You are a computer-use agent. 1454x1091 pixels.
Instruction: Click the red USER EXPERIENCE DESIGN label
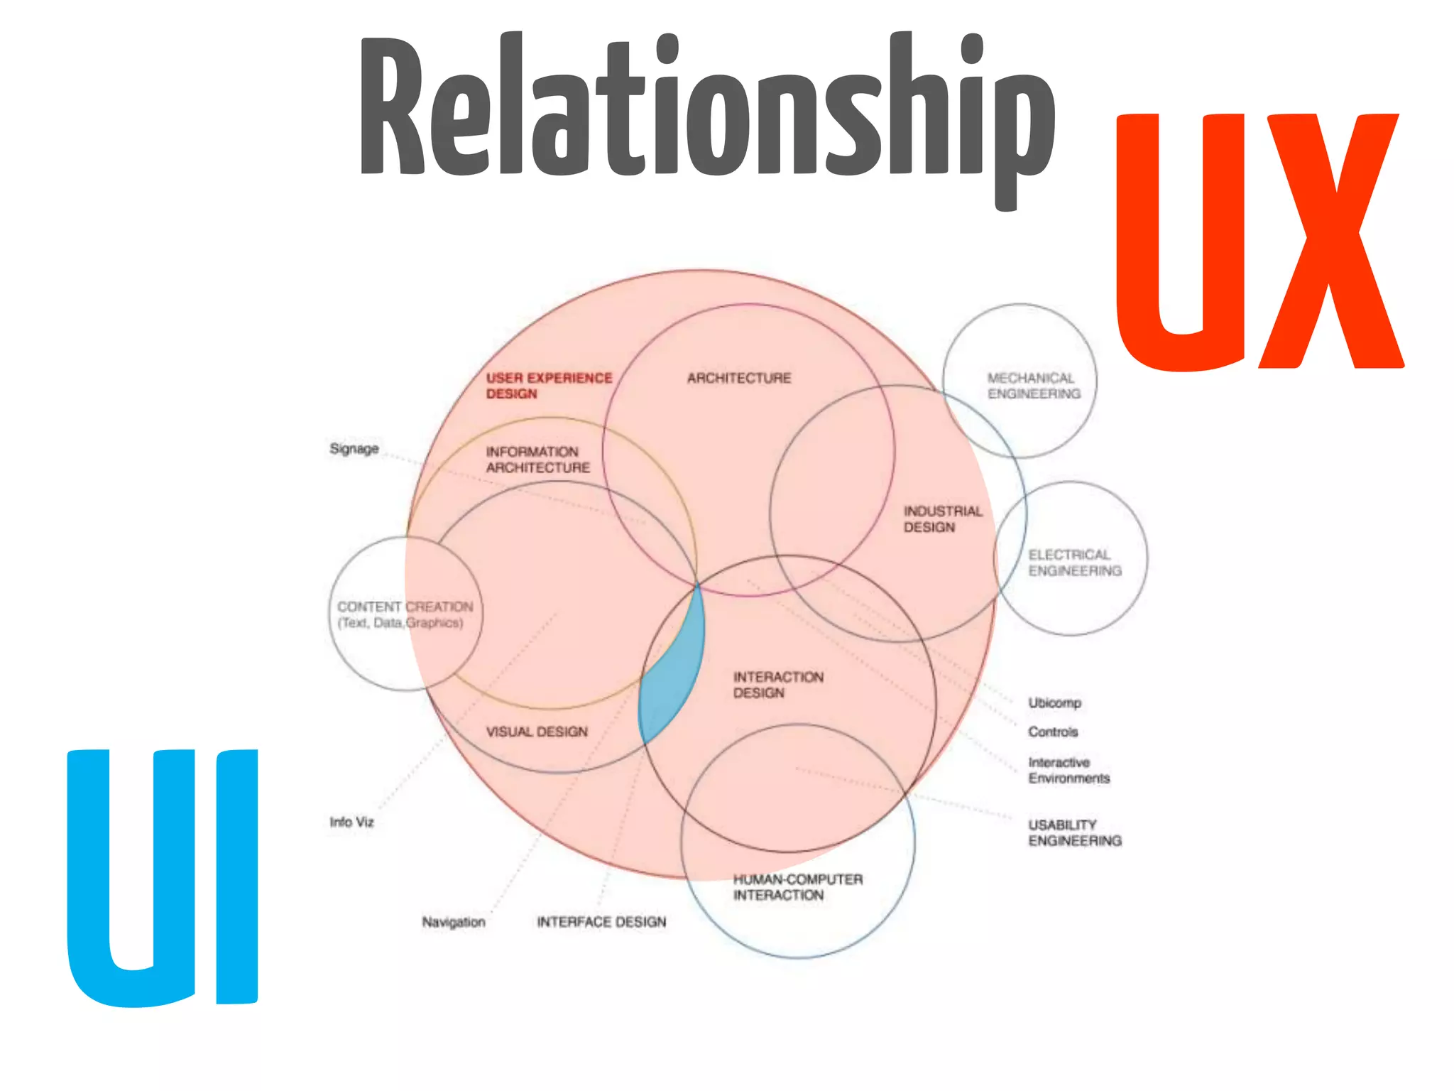[x=548, y=386]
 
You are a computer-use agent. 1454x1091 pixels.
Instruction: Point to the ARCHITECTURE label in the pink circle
[x=738, y=378]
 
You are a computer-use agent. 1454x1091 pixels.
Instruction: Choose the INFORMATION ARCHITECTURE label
[x=537, y=460]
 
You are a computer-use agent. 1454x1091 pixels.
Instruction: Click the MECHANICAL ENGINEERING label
[x=1033, y=386]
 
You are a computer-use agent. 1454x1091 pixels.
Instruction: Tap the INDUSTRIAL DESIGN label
[x=942, y=519]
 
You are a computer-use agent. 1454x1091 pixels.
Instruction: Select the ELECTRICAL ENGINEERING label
[x=1074, y=563]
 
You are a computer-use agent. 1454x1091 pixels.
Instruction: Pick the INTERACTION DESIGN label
[x=777, y=685]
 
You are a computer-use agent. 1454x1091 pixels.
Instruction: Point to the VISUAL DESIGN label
[x=537, y=732]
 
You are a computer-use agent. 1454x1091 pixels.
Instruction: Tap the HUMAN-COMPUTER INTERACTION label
[x=797, y=887]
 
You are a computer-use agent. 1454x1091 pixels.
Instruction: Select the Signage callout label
[x=354, y=449]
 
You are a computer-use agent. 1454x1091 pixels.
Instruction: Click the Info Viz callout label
[x=351, y=822]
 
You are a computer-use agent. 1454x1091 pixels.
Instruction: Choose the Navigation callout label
[x=453, y=922]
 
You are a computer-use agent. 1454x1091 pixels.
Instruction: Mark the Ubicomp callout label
[x=1054, y=702]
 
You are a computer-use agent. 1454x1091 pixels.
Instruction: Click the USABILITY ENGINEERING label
[x=1074, y=832]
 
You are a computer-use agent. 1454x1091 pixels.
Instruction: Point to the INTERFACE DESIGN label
[x=601, y=922]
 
